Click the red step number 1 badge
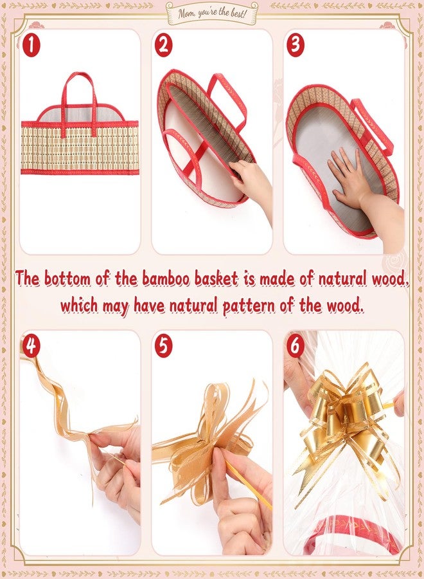click(31, 46)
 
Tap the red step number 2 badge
click(163, 46)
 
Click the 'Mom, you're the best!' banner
click(212, 13)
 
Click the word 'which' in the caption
click(79, 306)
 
